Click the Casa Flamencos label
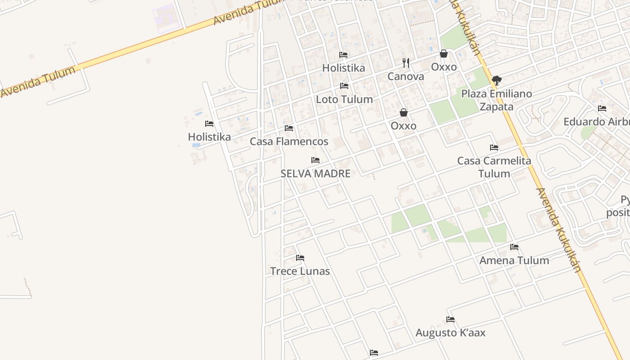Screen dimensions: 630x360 289,141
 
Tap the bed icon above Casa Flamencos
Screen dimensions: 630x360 289,129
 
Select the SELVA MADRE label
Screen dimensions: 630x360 315,173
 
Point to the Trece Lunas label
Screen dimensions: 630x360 300,271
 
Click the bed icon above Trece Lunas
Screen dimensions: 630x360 300,258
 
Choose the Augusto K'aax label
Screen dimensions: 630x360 450,333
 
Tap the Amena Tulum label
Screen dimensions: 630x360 514,260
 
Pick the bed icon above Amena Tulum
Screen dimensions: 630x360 514,247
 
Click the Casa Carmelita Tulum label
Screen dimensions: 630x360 494,167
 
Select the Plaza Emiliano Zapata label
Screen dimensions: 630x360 497,100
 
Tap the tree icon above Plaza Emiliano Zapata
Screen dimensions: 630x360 497,81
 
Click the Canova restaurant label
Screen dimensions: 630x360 406,76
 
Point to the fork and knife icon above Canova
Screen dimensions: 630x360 406,63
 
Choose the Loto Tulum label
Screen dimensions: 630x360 344,99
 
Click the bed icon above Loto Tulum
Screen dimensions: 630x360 344,86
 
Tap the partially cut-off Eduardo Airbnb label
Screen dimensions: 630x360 597,122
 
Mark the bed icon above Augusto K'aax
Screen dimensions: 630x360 450,319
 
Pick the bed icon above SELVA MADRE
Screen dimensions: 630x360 315,160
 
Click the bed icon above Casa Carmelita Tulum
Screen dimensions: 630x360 494,148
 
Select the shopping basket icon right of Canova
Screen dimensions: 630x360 444,54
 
